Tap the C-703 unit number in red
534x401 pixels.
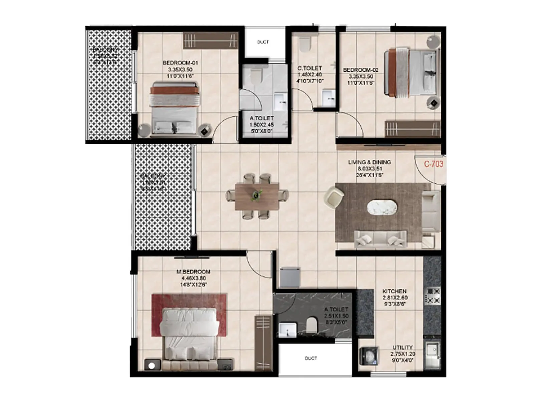tap(433, 164)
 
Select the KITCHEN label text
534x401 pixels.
tap(394, 291)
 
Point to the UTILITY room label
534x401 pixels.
tap(402, 347)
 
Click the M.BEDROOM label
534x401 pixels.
tap(193, 272)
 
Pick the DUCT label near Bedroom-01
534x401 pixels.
tap(263, 42)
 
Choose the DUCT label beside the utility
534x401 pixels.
tap(311, 358)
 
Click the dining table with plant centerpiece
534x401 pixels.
tap(257, 196)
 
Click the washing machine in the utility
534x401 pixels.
tap(369, 354)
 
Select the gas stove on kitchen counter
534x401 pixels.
tap(433, 295)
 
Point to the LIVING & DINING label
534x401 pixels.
tap(369, 162)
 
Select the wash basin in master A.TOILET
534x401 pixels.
tap(287, 329)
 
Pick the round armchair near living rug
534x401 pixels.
tap(334, 197)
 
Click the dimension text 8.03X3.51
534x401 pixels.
tap(369, 169)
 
